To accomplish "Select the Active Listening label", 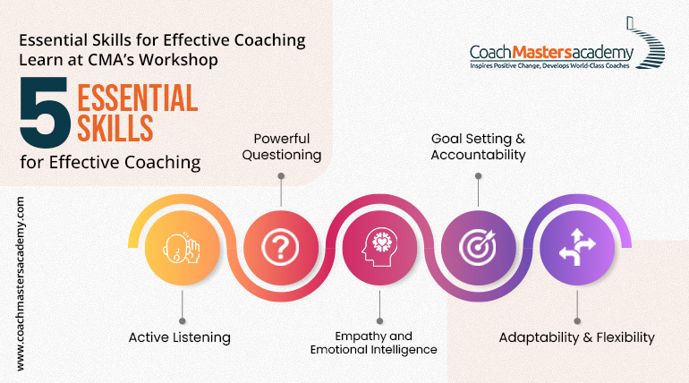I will coord(180,337).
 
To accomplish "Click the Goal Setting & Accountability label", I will coord(478,147).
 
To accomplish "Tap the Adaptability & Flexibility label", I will coord(577,337).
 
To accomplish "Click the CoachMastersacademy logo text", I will coord(550,52).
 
